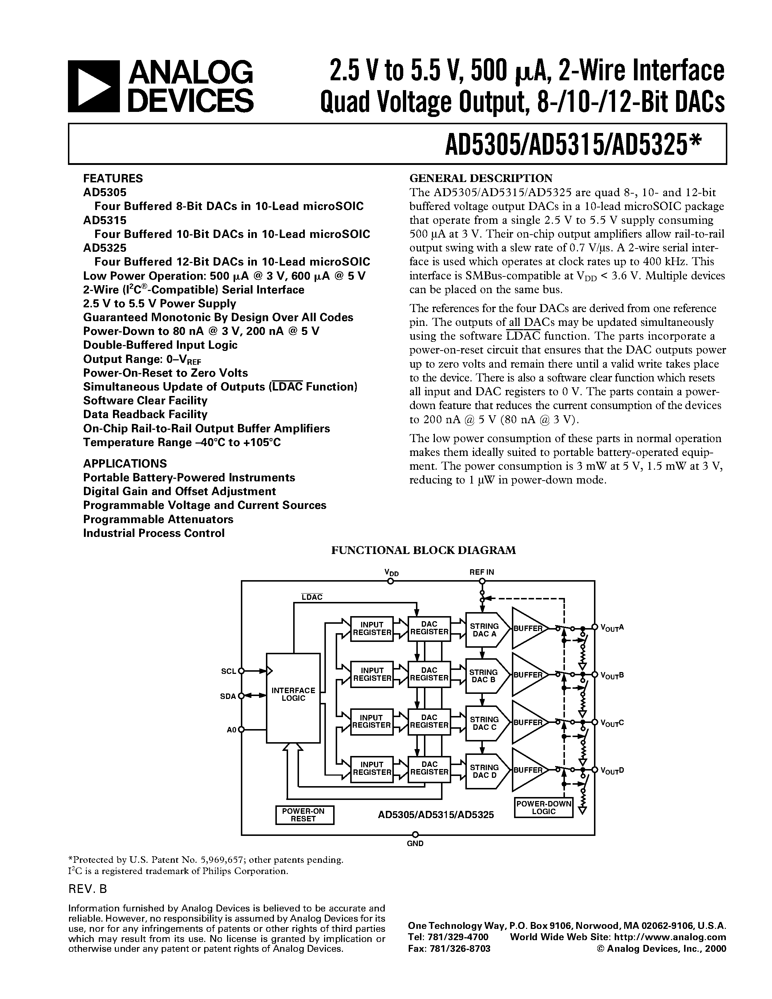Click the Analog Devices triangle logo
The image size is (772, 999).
pos(93,86)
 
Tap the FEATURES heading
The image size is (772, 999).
pos(113,178)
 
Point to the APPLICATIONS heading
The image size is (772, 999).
pos(125,464)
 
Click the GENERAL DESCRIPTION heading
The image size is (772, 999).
pos(481,178)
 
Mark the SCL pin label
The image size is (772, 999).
pos(228,671)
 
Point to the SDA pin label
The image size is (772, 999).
pos(228,696)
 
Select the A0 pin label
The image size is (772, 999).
pos(231,729)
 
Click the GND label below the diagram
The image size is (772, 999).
pos(415,844)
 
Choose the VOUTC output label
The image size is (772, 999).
pos(612,723)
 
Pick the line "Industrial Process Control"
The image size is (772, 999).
pos(154,533)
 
